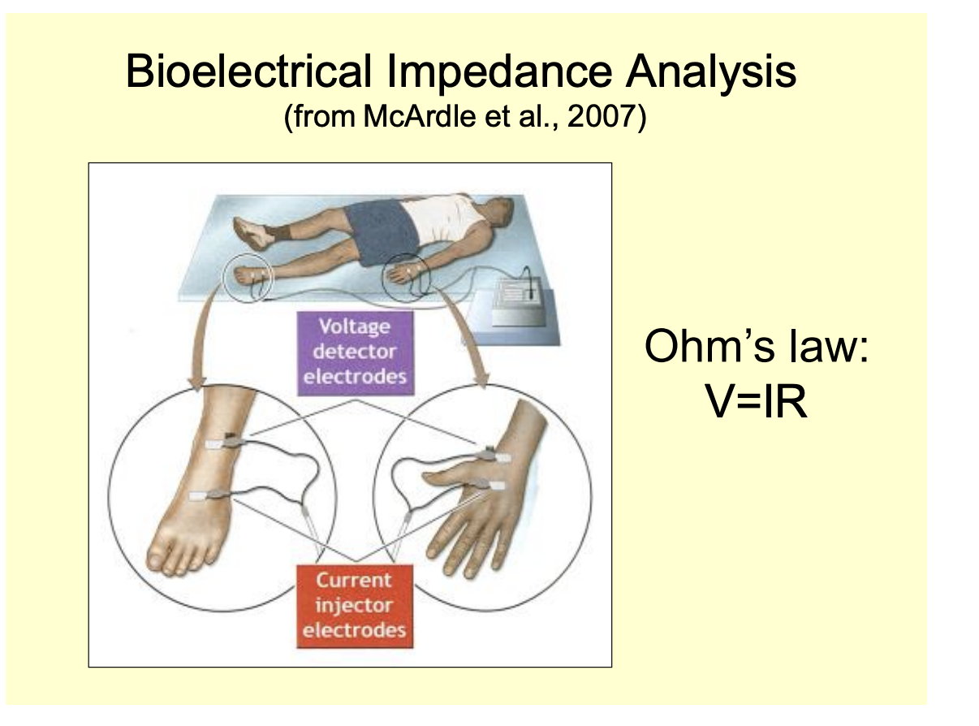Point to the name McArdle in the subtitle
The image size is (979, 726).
coord(420,116)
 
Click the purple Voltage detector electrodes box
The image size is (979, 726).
coord(356,352)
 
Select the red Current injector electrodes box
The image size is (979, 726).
coord(355,606)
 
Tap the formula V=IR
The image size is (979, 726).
coord(756,401)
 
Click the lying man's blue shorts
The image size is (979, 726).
coord(381,231)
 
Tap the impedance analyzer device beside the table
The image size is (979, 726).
coord(520,301)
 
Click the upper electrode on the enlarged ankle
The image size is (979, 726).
coord(224,442)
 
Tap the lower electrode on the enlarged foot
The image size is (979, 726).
coord(208,495)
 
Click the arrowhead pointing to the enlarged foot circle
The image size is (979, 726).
coord(196,383)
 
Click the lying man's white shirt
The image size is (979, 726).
coord(443,219)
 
